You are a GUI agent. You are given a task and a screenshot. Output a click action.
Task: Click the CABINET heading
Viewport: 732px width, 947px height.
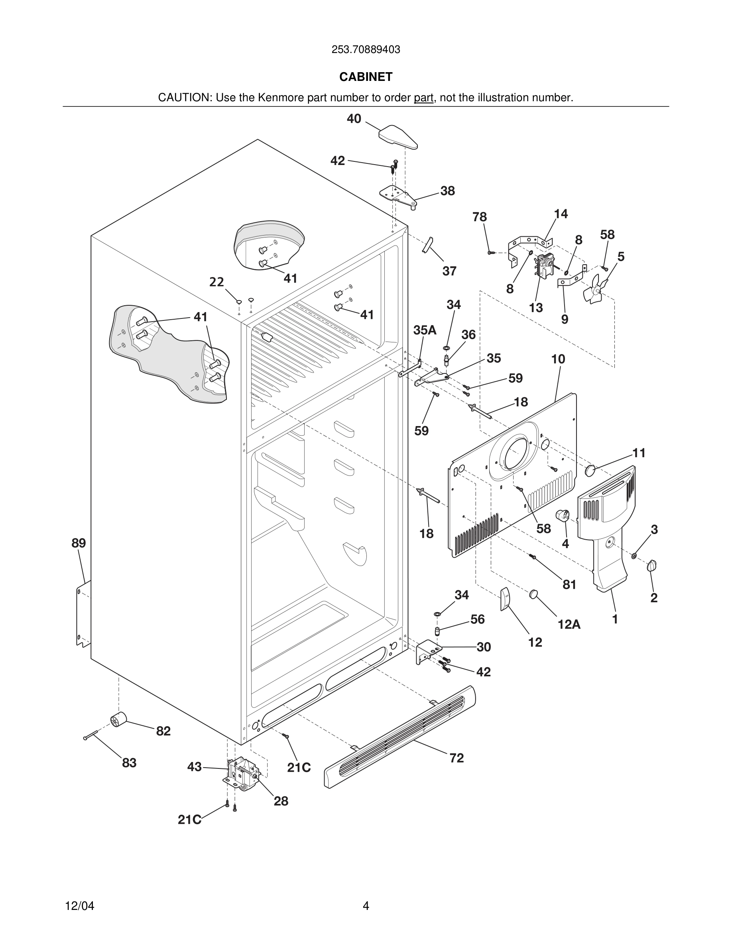click(366, 77)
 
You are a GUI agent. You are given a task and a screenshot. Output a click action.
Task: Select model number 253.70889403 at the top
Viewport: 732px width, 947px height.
click(366, 50)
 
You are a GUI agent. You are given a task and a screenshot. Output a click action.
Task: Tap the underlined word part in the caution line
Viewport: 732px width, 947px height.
click(423, 98)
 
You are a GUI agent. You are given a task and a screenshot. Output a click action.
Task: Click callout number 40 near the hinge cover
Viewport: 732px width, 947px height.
click(354, 119)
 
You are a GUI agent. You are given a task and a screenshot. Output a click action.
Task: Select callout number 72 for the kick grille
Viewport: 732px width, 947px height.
click(457, 758)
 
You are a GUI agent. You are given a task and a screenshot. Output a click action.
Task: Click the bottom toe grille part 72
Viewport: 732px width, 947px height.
click(399, 737)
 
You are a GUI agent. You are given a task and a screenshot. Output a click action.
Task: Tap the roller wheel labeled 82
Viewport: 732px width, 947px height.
click(118, 720)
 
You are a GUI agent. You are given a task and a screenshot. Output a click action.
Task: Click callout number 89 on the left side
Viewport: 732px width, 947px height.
click(79, 543)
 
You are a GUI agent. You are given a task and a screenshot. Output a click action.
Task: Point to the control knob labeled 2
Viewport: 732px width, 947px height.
click(651, 566)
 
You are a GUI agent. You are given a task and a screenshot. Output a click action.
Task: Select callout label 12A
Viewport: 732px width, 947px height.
click(569, 625)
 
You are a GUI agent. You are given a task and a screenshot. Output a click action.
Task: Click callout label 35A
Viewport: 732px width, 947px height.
click(425, 330)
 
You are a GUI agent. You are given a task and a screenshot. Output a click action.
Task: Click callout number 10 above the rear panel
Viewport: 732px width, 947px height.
click(558, 359)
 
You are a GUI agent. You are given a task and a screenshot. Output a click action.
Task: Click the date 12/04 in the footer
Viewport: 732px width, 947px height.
click(79, 906)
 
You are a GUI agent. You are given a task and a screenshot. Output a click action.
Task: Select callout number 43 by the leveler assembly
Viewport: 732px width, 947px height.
click(194, 767)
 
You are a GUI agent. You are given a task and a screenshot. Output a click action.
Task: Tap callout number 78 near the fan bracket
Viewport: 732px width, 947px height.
click(479, 217)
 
